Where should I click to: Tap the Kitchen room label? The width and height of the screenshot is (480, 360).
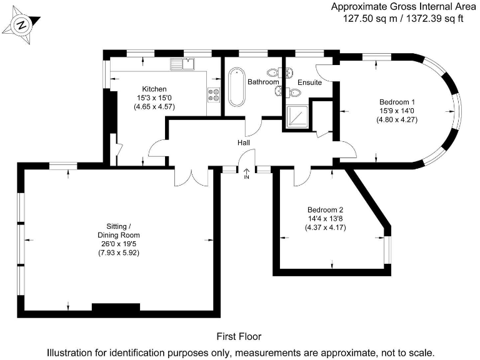point(154,89)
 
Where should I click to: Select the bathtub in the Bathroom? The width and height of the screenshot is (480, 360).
point(236,88)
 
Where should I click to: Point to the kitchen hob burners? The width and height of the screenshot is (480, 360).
point(214,95)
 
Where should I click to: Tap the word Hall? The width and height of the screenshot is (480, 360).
point(244,143)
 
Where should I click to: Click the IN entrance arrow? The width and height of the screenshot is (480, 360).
point(246,174)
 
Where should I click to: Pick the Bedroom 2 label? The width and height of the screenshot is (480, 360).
point(325,210)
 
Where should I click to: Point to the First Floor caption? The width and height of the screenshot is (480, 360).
point(239,336)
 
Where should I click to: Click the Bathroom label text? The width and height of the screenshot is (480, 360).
point(262,82)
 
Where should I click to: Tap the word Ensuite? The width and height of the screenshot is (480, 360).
point(309,82)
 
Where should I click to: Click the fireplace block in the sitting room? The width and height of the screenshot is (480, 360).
point(115,307)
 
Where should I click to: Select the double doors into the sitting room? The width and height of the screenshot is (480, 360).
point(192,177)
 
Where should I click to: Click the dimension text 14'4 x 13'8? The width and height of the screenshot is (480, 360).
point(325,219)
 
